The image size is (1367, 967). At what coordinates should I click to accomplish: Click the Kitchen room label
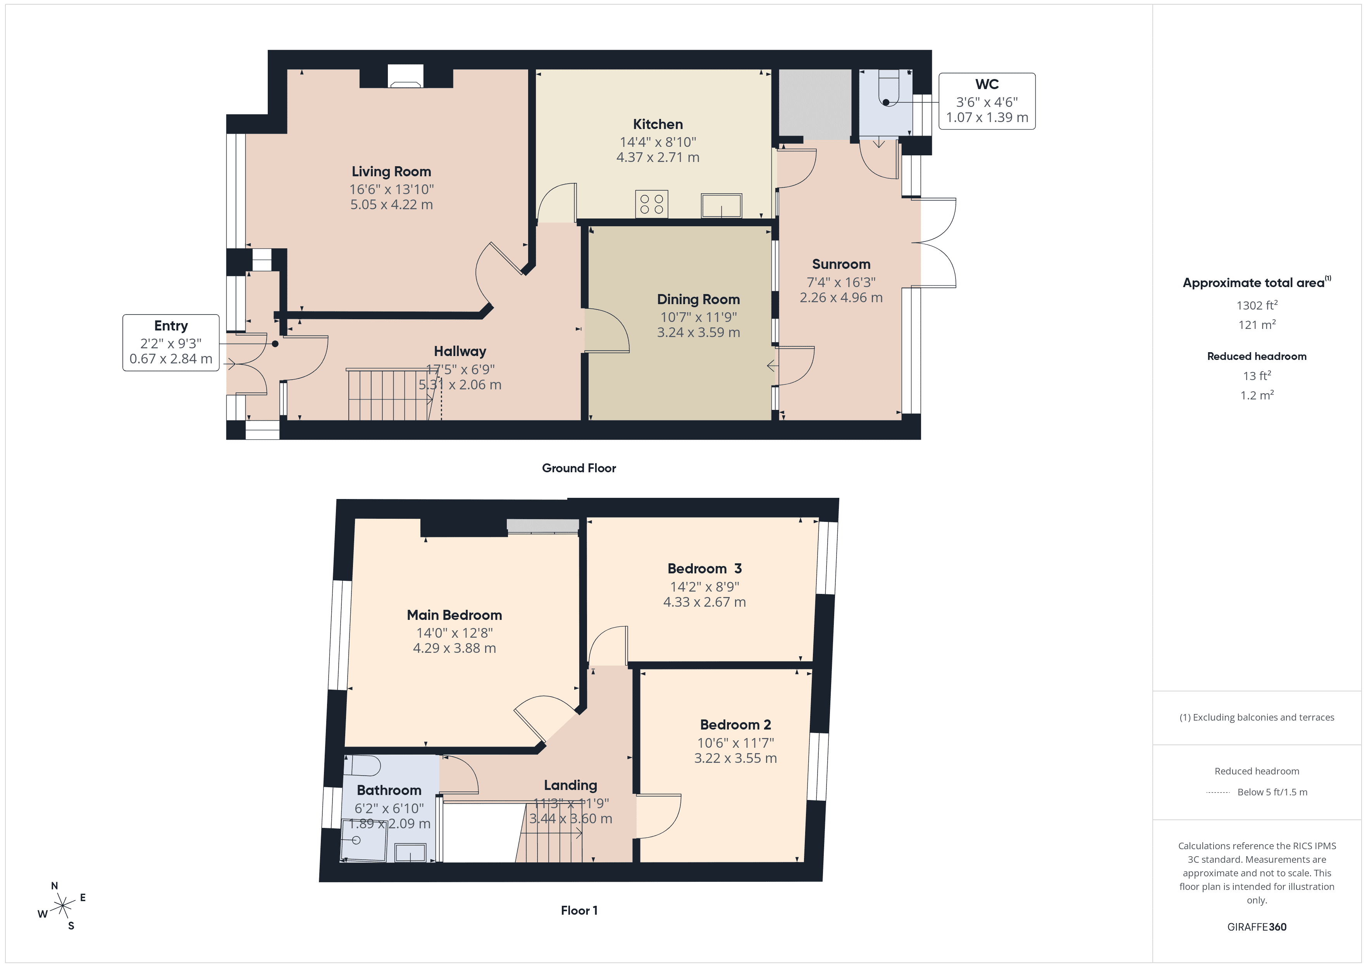[x=657, y=124]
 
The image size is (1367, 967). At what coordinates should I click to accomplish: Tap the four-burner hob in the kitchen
[x=651, y=204]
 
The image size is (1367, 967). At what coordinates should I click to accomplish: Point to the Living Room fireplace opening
[x=405, y=77]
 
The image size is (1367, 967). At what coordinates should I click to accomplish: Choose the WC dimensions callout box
[x=987, y=101]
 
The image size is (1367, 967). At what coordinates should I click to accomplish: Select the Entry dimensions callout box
[x=171, y=342]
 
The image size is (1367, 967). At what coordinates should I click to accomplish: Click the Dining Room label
[x=698, y=299]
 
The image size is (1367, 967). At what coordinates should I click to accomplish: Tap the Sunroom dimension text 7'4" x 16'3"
[x=841, y=282]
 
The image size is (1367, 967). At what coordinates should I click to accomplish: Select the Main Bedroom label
[x=454, y=615]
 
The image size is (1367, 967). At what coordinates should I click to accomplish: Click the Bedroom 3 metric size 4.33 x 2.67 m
[x=704, y=602]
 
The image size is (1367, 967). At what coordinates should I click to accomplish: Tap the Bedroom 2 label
[x=735, y=724]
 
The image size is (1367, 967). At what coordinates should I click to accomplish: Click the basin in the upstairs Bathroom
[x=410, y=853]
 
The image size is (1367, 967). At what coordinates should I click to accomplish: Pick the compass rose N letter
[x=54, y=886]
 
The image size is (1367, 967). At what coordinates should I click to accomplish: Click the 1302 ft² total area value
[x=1256, y=305]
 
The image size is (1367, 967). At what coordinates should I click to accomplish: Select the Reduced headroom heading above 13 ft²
[x=1256, y=356]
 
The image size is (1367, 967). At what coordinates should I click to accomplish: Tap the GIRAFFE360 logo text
[x=1256, y=927]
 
